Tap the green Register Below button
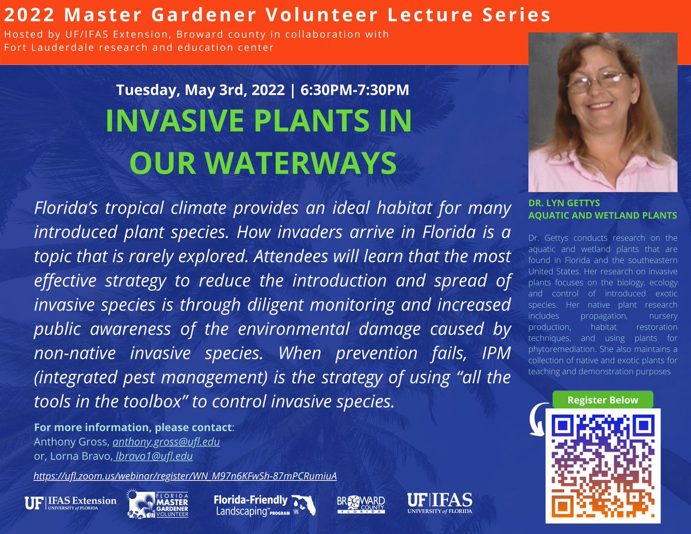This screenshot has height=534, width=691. pos(603,400)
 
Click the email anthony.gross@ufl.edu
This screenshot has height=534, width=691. pos(166,442)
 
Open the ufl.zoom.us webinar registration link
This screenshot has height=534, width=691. pos(184,476)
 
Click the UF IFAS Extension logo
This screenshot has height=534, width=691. pos(70,503)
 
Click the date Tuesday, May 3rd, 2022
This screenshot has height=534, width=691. pos(200,90)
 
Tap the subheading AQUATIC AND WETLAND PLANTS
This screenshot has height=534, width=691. pos(603,215)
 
